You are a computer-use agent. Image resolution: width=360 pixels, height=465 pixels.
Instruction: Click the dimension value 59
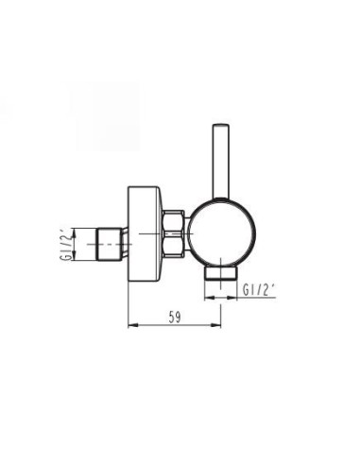pyautogui.click(x=175, y=317)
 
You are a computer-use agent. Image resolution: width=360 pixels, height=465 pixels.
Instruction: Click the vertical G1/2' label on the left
pyautogui.click(x=63, y=244)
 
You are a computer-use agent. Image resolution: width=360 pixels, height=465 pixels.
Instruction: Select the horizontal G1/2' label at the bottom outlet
pyautogui.click(x=258, y=290)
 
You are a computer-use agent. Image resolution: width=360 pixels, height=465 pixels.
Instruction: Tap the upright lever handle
pyautogui.click(x=221, y=162)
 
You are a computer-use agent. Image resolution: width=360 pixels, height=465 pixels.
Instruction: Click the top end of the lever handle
pyautogui.click(x=221, y=125)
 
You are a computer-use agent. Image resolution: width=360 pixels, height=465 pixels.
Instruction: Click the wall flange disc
pyautogui.click(x=145, y=233)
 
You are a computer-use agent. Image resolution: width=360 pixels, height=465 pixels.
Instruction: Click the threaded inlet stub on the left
pyautogui.click(x=110, y=244)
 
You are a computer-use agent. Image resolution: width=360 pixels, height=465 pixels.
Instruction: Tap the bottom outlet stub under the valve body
pyautogui.click(x=220, y=273)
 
